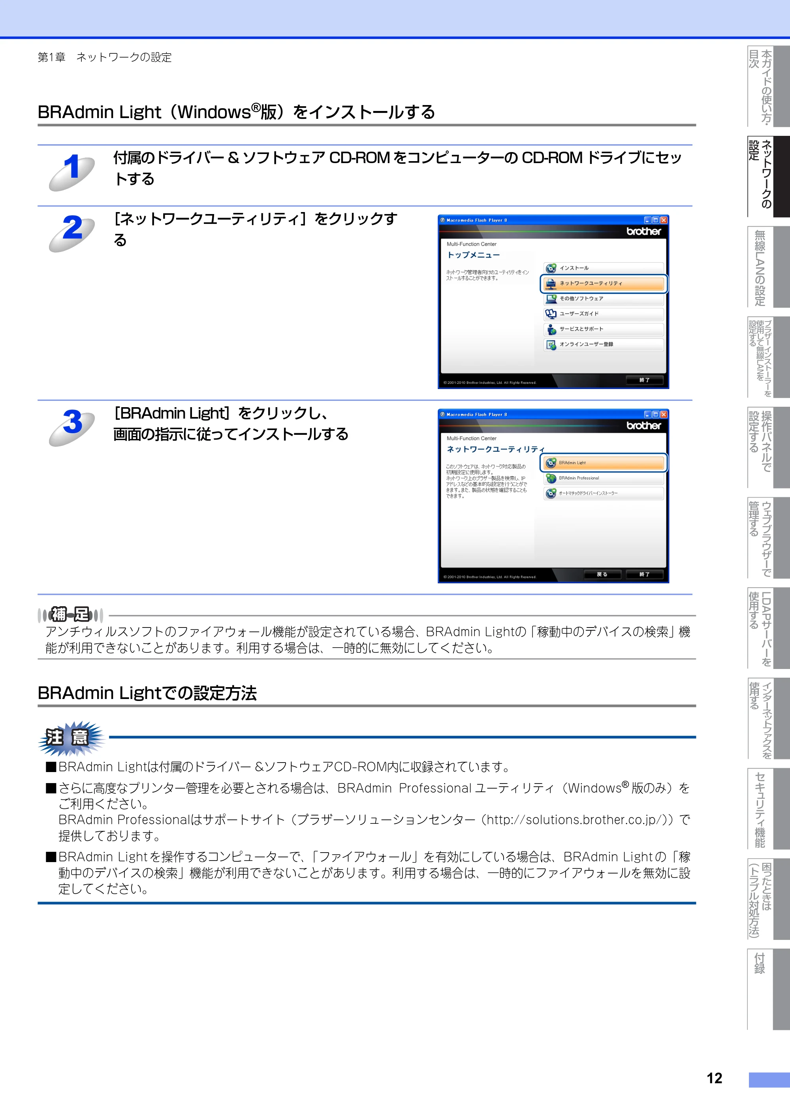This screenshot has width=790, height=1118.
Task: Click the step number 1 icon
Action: pos(72,171)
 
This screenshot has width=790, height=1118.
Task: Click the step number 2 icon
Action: pos(72,232)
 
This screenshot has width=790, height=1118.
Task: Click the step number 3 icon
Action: pos(72,427)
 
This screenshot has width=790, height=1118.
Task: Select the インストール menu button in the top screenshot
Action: pos(604,268)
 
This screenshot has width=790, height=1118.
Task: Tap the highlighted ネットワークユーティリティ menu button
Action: pos(604,284)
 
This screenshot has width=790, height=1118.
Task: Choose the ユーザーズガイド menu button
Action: pos(604,314)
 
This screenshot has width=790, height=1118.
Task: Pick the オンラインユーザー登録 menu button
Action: pos(604,344)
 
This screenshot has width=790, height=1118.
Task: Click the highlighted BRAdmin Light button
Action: pos(604,462)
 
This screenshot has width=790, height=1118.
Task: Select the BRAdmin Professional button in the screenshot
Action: pos(604,478)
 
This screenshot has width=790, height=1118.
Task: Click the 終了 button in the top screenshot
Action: pos(644,380)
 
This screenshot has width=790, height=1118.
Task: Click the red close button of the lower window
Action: pos(663,414)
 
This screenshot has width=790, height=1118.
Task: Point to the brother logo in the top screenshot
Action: pos(643,231)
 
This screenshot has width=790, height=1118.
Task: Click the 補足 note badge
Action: pos(71,615)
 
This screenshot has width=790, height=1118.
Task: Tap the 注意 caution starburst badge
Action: pos(71,737)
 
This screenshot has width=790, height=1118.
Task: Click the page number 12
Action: pos(714,1078)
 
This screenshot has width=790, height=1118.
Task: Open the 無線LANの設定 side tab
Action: pos(768,267)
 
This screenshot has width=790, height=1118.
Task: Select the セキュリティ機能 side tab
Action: pos(768,808)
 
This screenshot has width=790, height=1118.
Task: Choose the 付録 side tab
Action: pos(768,988)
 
